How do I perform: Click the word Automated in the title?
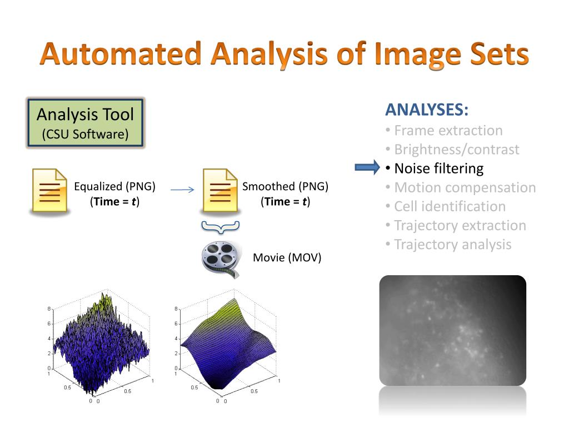[x=121, y=55]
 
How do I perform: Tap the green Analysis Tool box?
[x=86, y=123]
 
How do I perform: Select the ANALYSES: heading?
[x=427, y=110]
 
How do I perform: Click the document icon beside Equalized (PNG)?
[x=48, y=191]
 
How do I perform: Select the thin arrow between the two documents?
[x=182, y=190]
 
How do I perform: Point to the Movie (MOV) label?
[x=287, y=258]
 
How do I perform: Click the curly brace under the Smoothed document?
[x=220, y=226]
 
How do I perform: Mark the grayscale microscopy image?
[x=452, y=330]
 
